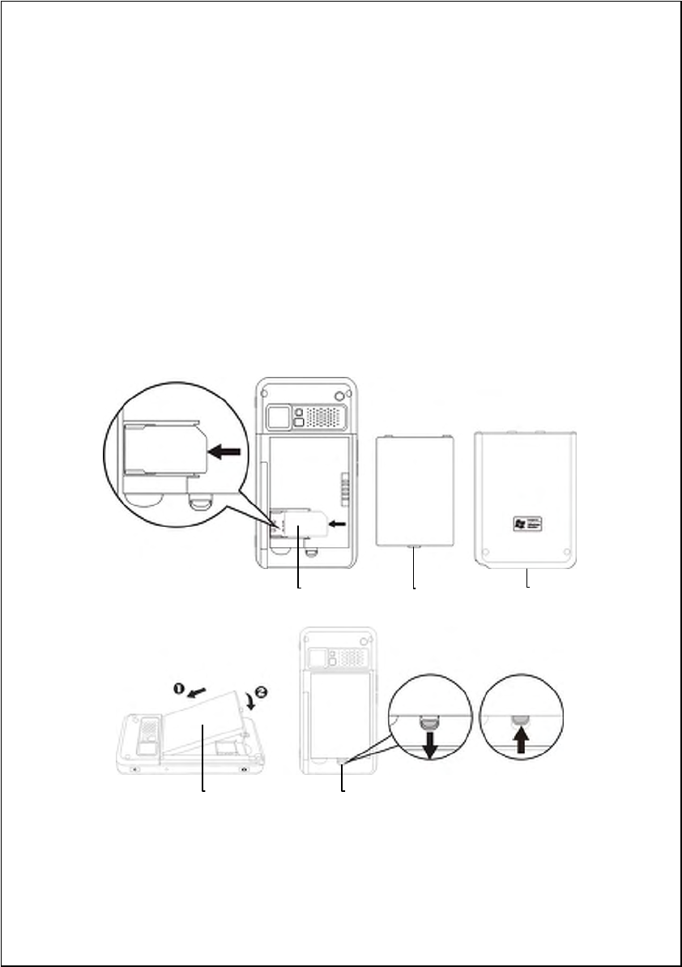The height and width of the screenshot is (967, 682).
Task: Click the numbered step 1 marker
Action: (x=177, y=687)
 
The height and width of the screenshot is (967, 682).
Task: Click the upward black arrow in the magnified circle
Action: (x=519, y=740)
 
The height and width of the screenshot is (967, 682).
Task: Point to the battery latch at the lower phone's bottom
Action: (x=343, y=761)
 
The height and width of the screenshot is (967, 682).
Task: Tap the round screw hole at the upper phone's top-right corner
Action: (x=338, y=396)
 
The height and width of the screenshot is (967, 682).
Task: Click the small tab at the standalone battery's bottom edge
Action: (x=415, y=548)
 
